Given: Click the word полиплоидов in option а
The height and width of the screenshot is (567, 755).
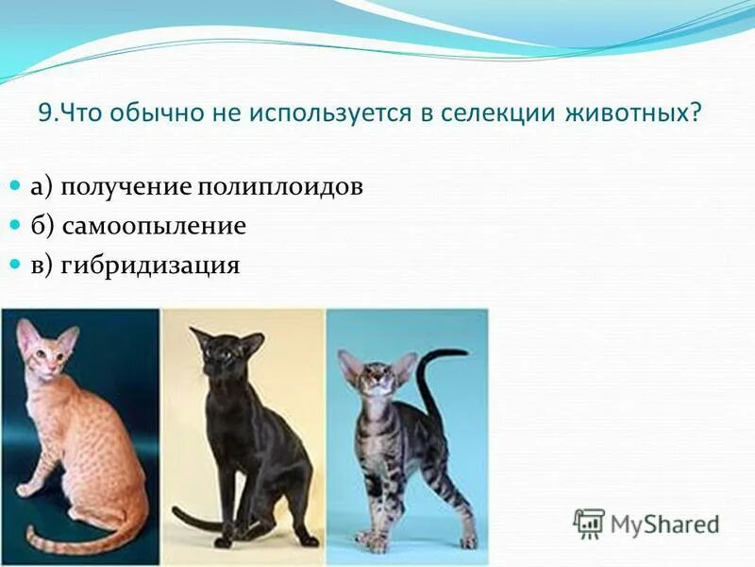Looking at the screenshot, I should [x=280, y=186].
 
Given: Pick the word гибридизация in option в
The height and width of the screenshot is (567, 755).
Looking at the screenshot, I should [x=151, y=266].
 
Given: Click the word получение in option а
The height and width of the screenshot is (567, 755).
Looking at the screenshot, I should [x=127, y=186].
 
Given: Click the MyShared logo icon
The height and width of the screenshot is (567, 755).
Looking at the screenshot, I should [x=589, y=524].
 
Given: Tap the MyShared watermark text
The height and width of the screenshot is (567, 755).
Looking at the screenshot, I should [x=664, y=524].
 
